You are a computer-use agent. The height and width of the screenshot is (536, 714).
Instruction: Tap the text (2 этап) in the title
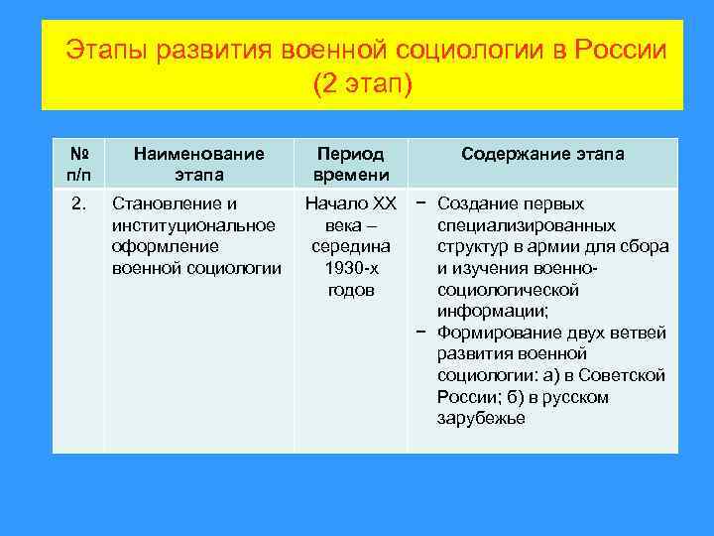(x=361, y=84)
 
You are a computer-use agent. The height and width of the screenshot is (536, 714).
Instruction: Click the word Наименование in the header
(x=198, y=154)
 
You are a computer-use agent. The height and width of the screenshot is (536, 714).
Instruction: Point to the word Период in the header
(x=349, y=154)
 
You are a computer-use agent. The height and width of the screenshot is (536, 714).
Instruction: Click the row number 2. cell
(x=79, y=204)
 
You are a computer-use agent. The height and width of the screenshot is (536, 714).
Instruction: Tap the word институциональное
(x=194, y=225)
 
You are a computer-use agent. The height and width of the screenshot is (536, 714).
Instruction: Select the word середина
(x=350, y=246)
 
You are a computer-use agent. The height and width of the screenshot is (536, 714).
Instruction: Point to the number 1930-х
(x=351, y=268)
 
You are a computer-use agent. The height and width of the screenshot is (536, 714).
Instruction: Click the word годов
(x=351, y=290)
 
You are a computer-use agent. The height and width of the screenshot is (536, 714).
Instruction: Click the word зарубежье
(x=480, y=418)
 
